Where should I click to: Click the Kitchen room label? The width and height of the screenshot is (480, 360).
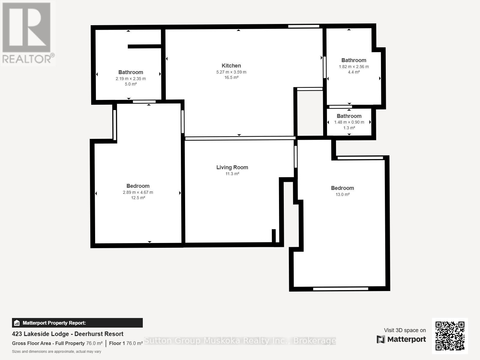point(231,66)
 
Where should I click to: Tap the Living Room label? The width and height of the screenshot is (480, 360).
point(232,167)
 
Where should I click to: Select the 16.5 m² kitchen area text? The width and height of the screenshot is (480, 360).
point(231,77)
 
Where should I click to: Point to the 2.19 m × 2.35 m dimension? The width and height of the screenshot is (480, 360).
point(131,79)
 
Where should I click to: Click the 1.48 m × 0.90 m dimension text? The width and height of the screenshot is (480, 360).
point(349,122)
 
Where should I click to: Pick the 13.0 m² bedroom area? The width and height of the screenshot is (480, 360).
point(343,194)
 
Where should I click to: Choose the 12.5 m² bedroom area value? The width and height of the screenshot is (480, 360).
point(138,198)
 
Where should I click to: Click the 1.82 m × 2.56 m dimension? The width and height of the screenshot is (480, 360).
point(354,67)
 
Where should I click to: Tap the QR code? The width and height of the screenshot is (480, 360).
point(450,336)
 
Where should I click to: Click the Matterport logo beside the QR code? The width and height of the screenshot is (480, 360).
point(401,339)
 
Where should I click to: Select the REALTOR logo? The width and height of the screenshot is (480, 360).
point(28,33)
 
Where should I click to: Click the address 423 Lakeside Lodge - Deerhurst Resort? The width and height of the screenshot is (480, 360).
point(67,334)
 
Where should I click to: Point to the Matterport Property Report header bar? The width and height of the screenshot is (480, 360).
point(77,323)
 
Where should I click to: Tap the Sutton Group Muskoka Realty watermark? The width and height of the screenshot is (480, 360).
point(240,341)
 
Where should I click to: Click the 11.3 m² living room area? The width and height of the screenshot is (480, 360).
point(232,174)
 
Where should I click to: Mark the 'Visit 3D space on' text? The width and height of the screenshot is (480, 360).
point(405,330)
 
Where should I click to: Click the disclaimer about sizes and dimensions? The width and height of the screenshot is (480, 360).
point(56,352)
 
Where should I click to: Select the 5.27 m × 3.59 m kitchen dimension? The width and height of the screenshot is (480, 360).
point(231,72)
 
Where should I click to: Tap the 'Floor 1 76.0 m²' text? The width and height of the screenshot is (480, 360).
point(126,343)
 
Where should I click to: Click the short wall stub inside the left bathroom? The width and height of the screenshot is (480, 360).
point(145,46)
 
